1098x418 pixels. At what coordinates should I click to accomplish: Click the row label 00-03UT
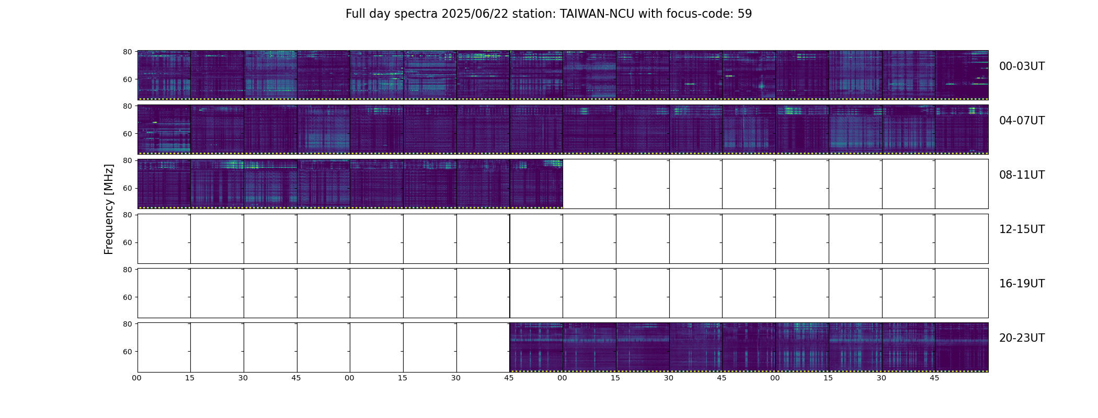click(1022, 66)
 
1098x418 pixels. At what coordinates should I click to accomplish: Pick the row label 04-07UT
click(1022, 121)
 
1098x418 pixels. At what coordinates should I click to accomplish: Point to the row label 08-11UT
click(1022, 175)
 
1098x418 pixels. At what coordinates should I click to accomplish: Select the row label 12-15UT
click(1022, 229)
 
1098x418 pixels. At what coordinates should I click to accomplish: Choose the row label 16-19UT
click(1022, 284)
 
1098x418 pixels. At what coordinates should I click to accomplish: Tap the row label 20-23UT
click(1022, 338)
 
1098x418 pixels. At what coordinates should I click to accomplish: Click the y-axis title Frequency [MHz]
click(109, 209)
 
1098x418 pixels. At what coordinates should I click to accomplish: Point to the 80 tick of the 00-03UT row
click(127, 52)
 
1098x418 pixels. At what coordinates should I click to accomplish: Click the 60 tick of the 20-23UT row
click(127, 352)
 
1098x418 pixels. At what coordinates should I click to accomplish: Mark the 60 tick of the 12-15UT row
click(127, 243)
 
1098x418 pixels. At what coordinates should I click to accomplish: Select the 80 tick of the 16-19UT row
click(127, 270)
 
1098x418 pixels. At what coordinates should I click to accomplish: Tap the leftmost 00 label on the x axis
click(137, 378)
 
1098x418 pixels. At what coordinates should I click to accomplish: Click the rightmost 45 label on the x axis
click(934, 378)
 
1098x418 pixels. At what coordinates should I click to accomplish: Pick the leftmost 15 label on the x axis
click(190, 378)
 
